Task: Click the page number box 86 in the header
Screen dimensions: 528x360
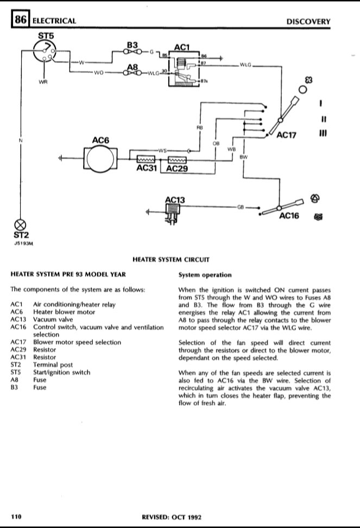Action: pos(20,21)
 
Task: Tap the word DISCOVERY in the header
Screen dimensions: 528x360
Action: pos(308,21)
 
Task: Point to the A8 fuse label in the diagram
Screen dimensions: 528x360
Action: pos(132,66)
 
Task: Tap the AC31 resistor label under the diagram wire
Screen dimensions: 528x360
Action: pos(148,169)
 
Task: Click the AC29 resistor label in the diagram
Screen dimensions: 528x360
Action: pos(176,169)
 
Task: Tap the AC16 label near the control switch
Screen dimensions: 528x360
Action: pos(289,216)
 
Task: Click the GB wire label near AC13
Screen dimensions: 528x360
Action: pos(241,207)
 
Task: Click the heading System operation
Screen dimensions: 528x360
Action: pos(205,274)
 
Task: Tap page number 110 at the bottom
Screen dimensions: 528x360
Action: pos(16,517)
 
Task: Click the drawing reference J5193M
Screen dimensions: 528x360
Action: pos(24,244)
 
